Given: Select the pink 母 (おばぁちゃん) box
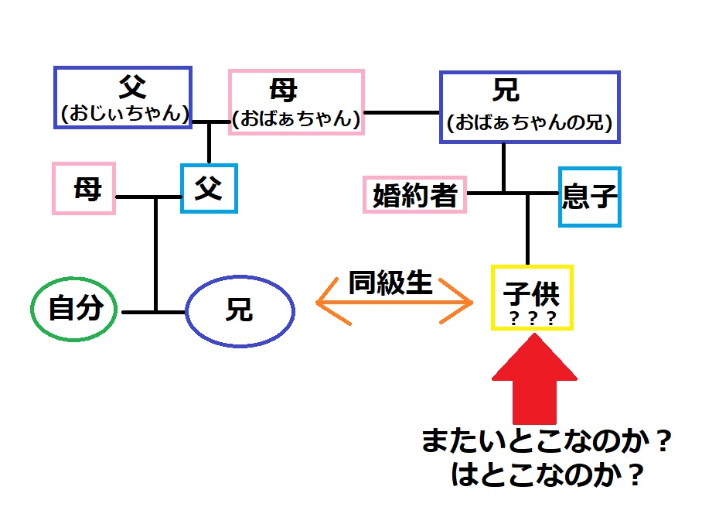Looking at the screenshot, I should click(x=296, y=102).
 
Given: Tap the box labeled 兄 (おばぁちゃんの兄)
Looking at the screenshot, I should click(x=530, y=106).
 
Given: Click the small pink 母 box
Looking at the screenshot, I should click(x=83, y=188).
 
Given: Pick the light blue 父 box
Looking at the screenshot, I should click(x=209, y=188).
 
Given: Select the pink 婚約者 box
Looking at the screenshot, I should click(x=415, y=194).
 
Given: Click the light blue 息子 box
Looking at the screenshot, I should click(x=589, y=198).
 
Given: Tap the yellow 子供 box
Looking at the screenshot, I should click(x=532, y=298).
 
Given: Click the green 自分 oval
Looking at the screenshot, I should click(x=75, y=309).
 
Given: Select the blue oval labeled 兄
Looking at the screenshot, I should click(x=240, y=311).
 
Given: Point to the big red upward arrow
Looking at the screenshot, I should click(x=535, y=379).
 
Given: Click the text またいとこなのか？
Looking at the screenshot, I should click(x=545, y=443).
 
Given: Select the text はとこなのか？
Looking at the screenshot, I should click(x=547, y=475).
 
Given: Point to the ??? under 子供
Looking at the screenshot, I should click(x=532, y=318).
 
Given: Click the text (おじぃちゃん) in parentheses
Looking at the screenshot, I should click(x=122, y=114).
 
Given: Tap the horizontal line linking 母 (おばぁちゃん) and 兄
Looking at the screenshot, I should click(x=401, y=112).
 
